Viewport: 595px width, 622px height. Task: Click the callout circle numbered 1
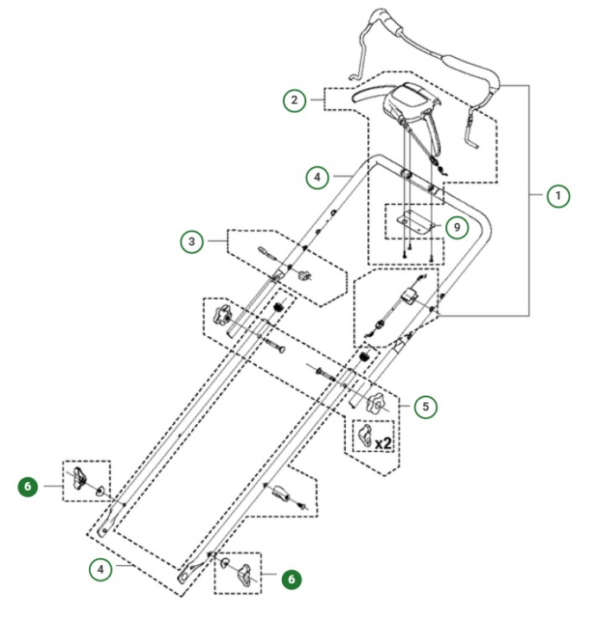pos(559,196)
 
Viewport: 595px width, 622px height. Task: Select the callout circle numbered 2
pos(296,101)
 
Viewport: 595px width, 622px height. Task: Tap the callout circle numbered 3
pos(193,241)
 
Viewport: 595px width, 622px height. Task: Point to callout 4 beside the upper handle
pos(318,179)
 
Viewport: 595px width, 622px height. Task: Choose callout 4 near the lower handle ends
pos(102,569)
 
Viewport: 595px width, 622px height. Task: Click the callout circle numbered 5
pos(424,405)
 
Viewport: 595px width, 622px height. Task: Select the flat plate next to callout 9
pos(414,220)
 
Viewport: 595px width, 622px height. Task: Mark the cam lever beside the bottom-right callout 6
pos(246,573)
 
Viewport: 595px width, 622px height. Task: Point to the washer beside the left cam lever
pos(101,492)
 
